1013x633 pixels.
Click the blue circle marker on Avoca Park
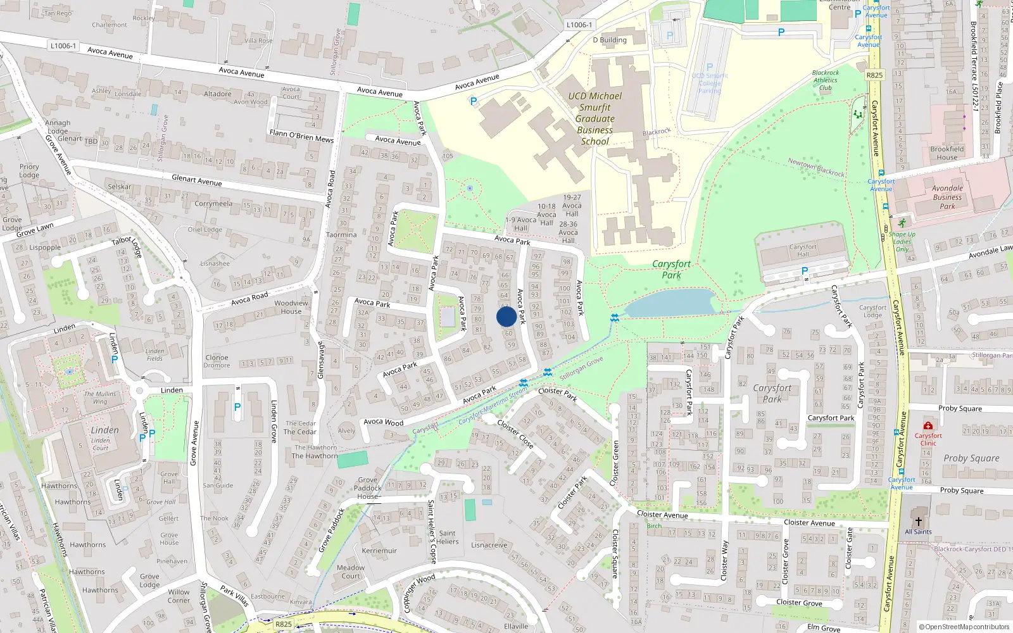pyautogui.click(x=506, y=316)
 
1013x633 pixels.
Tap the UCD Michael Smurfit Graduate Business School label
pyautogui.click(x=595, y=118)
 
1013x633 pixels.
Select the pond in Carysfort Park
pyautogui.click(x=671, y=303)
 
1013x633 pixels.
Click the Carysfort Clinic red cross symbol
pyautogui.click(x=928, y=425)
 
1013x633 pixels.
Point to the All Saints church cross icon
pyautogui.click(x=918, y=522)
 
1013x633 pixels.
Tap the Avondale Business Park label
pyautogui.click(x=947, y=197)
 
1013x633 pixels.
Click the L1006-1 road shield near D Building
pyautogui.click(x=579, y=25)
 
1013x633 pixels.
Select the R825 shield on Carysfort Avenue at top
pyautogui.click(x=874, y=75)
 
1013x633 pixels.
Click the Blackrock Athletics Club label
pyautogui.click(x=825, y=80)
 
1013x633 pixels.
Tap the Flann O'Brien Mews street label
pyautogui.click(x=301, y=135)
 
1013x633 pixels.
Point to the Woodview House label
pyautogui.click(x=291, y=307)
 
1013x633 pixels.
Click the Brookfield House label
pyautogui.click(x=947, y=153)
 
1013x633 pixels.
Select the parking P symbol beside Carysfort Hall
pyautogui.click(x=805, y=271)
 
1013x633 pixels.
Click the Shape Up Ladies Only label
pyautogui.click(x=902, y=241)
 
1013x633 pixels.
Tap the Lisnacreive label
pyautogui.click(x=489, y=545)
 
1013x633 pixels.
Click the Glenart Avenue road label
pyautogui.click(x=197, y=180)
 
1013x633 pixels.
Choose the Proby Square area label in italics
pyautogui.click(x=971, y=458)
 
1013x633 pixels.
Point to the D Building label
pyautogui.click(x=610, y=40)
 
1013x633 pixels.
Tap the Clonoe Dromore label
pyautogui.click(x=217, y=361)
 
